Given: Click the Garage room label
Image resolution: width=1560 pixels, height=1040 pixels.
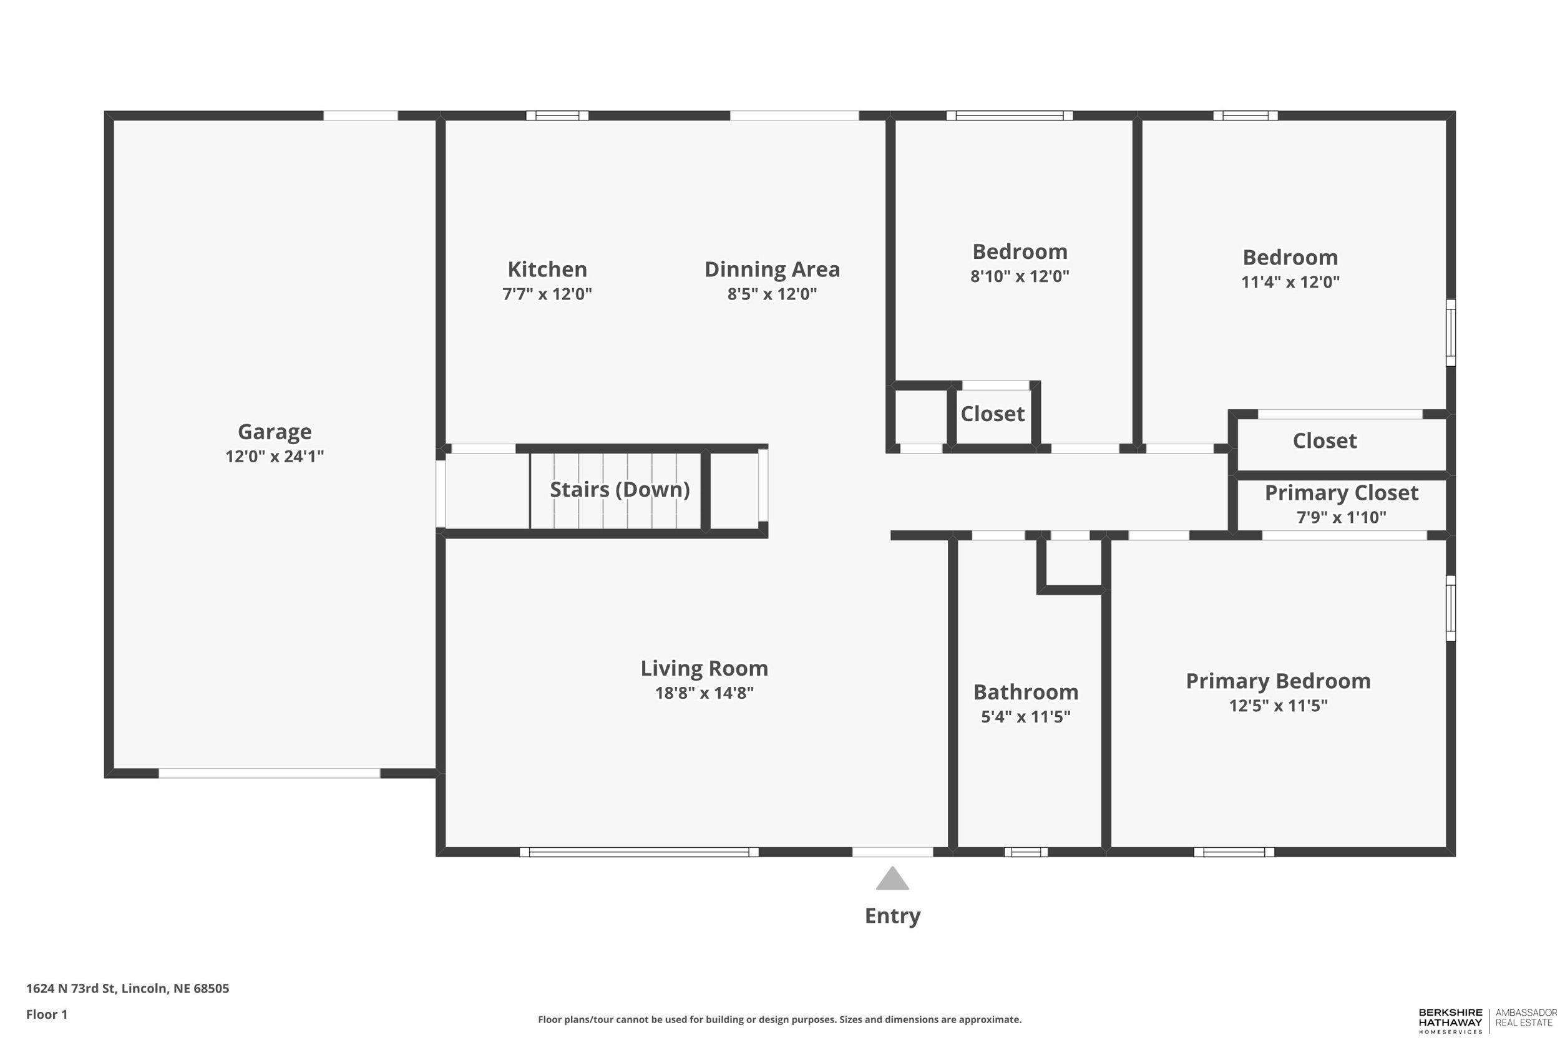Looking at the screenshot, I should pyautogui.click(x=275, y=432).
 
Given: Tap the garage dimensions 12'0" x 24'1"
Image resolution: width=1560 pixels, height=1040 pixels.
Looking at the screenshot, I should pyautogui.click(x=275, y=456).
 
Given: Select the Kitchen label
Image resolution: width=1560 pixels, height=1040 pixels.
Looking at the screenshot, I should pyautogui.click(x=547, y=270).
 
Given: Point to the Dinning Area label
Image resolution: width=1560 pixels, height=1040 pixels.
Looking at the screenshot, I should pyautogui.click(x=772, y=270).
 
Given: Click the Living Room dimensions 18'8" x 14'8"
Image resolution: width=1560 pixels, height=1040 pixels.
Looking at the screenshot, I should pyautogui.click(x=704, y=693).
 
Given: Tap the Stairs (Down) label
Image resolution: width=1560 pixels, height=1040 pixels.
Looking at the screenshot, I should pyautogui.click(x=620, y=490).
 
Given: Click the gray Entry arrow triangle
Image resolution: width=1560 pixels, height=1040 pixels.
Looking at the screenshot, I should pyautogui.click(x=892, y=880).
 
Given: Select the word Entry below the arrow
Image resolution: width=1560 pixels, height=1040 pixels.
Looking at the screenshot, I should pyautogui.click(x=892, y=916).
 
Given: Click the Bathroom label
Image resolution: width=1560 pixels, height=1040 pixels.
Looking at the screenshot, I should pyautogui.click(x=1025, y=692).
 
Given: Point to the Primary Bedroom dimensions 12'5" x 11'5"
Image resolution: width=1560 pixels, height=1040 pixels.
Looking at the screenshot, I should pyautogui.click(x=1278, y=706).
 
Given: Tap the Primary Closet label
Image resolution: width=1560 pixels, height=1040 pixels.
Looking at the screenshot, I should pyautogui.click(x=1341, y=493).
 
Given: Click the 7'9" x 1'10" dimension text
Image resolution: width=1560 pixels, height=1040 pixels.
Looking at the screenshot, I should pyautogui.click(x=1341, y=517).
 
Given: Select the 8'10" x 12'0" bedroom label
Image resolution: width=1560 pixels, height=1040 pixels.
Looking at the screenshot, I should pyautogui.click(x=1020, y=276).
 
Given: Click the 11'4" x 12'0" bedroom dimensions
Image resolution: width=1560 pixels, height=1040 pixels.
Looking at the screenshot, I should pyautogui.click(x=1290, y=282).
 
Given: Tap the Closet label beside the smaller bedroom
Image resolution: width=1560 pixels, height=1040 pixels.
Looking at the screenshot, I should pyautogui.click(x=993, y=414).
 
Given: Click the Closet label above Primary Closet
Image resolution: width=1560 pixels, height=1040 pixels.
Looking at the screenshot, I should pyautogui.click(x=1325, y=440).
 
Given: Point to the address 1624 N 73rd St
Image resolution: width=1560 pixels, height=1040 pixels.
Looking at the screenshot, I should pyautogui.click(x=127, y=988).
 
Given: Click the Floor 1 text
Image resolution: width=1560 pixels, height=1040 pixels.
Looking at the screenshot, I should pyautogui.click(x=46, y=1014).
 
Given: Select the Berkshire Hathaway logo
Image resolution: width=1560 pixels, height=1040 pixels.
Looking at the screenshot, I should pyautogui.click(x=1450, y=1021).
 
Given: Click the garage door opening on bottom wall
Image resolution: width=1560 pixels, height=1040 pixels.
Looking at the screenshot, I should pyautogui.click(x=270, y=774).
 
